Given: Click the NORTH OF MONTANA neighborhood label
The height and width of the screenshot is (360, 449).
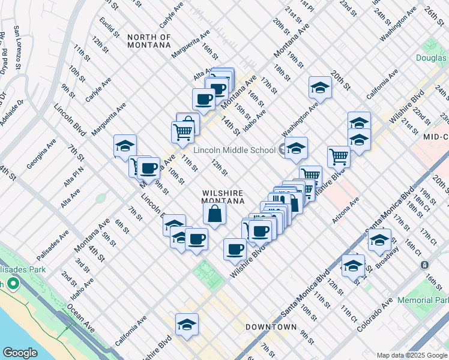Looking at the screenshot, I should pyautogui.click(x=149, y=41).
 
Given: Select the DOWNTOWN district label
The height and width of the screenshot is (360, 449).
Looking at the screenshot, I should pyautogui.click(x=271, y=327).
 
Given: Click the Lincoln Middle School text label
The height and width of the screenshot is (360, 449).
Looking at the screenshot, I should pyautogui.click(x=234, y=150).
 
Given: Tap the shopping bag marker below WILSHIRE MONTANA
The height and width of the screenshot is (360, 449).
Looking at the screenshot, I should pyautogui.click(x=214, y=214).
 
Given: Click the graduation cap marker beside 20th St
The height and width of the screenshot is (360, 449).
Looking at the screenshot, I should pyautogui.click(x=320, y=88).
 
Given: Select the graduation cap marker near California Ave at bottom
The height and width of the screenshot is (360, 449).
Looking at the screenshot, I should pyautogui.click(x=187, y=325).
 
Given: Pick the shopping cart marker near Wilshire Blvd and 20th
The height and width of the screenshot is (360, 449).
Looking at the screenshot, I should pyautogui.click(x=339, y=156).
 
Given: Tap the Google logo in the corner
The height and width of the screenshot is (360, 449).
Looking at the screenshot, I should pyautogui.click(x=20, y=352).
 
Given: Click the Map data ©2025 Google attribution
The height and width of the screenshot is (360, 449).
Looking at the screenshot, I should pyautogui.click(x=411, y=355).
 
